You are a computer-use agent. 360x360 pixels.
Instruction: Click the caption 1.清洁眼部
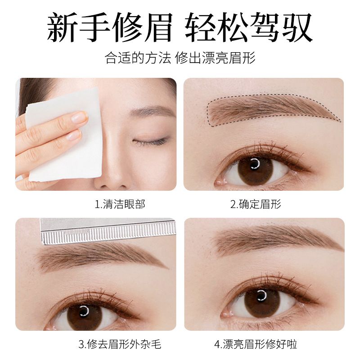coord(120,204)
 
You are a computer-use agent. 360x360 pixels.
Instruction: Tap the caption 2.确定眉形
coord(256,204)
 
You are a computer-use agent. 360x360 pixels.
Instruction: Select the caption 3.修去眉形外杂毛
coord(120,344)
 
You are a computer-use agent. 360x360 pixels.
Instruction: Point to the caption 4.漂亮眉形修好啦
coord(256,344)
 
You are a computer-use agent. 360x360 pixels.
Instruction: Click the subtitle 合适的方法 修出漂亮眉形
coord(180,58)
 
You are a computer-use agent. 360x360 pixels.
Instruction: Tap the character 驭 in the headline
coord(297,27)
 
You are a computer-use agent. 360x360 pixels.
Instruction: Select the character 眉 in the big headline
coord(157,27)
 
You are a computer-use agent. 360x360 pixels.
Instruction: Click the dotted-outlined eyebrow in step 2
coord(271,108)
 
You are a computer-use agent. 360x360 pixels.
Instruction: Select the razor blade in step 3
coord(108,231)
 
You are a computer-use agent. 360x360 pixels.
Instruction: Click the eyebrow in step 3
coord(101,257)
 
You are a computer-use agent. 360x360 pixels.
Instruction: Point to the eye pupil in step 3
coord(85,311)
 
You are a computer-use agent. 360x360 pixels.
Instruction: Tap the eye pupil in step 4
coord(261,296)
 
